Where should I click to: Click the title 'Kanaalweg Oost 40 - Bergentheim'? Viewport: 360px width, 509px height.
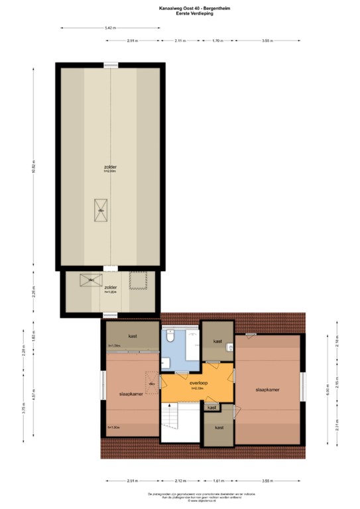coord(180,7)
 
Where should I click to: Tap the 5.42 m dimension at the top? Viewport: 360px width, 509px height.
coord(110,28)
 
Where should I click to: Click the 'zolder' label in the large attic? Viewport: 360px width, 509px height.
coord(110,167)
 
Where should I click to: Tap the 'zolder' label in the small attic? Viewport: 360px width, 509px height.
coord(110,288)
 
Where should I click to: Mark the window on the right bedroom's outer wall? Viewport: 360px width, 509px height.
coord(302,388)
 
